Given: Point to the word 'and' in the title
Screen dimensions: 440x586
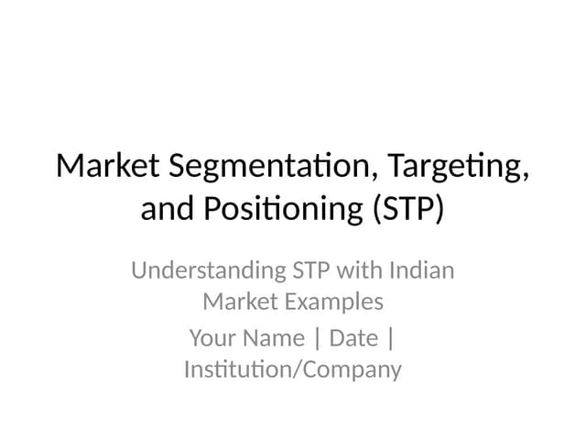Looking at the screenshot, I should [x=166, y=209].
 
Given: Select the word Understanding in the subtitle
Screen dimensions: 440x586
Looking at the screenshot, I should [x=208, y=271].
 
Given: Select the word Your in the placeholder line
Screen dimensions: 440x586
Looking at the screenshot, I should [x=212, y=338].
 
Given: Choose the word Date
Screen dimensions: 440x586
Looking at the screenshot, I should [x=353, y=338].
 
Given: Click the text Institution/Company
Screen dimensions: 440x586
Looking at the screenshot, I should [x=293, y=370].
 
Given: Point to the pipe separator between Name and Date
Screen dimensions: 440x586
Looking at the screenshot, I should [x=317, y=339].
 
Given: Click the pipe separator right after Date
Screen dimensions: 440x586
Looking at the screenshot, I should [x=391, y=339].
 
